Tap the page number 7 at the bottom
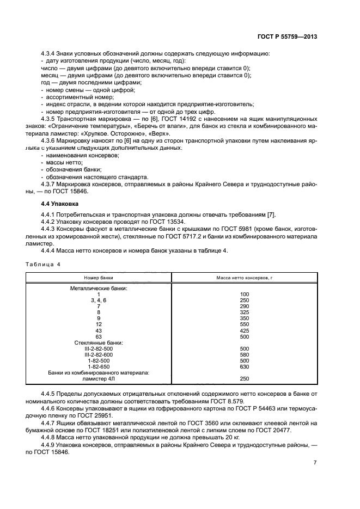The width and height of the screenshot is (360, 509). pyautogui.click(x=315, y=462)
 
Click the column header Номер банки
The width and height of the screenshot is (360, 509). pyautogui.click(x=99, y=278)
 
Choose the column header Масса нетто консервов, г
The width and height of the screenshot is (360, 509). pyautogui.click(x=244, y=278)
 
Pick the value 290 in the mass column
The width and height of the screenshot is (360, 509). pyautogui.click(x=244, y=306)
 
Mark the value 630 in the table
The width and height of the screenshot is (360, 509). pyautogui.click(x=244, y=366)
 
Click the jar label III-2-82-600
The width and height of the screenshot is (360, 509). pyautogui.click(x=99, y=354)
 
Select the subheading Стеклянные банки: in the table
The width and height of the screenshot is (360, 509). pyautogui.click(x=99, y=342)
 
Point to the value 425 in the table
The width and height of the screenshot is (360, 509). pyautogui.click(x=244, y=330)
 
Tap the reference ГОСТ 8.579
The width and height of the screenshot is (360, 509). pyautogui.click(x=248, y=400)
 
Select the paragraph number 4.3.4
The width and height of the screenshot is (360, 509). pyautogui.click(x=50, y=53)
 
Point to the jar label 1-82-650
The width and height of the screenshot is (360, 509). pyautogui.click(x=99, y=366)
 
